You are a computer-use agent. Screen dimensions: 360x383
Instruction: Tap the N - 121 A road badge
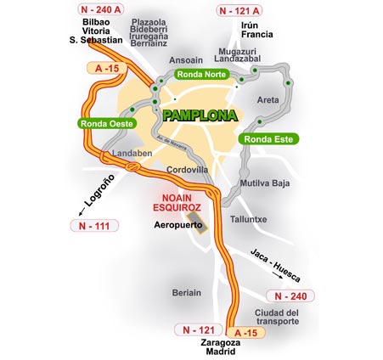(240, 11)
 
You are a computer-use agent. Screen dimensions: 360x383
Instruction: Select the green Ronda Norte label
(203, 74)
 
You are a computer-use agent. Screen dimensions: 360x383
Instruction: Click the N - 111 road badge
(90, 227)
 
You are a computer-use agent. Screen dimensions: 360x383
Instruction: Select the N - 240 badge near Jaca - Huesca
(290, 295)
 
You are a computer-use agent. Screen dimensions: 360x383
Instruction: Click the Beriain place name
(186, 292)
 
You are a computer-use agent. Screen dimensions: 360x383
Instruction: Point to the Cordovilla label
(187, 170)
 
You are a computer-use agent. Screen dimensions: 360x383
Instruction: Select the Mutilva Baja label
(265, 183)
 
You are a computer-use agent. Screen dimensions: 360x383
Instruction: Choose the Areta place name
(268, 99)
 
